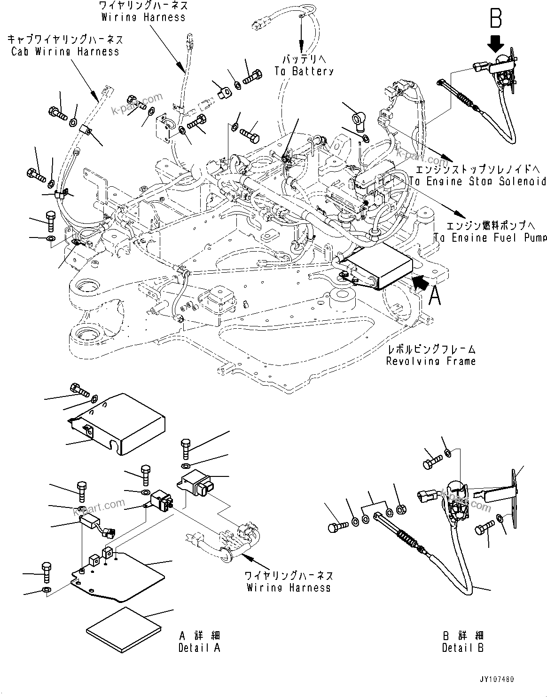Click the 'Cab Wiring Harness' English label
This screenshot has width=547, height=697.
click(x=65, y=51)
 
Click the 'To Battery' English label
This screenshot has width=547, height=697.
click(x=304, y=71)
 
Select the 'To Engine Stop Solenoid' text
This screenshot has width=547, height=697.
click(x=477, y=181)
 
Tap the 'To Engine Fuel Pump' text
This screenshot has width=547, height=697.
click(x=490, y=238)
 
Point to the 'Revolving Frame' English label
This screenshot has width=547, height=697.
click(x=430, y=361)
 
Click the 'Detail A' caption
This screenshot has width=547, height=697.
click(x=199, y=648)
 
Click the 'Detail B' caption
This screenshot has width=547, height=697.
click(x=462, y=648)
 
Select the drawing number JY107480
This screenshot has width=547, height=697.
click(x=497, y=680)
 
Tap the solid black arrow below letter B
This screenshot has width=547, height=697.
click(x=495, y=46)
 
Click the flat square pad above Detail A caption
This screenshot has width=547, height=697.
click(x=123, y=628)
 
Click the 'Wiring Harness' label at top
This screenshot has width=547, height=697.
click(x=143, y=17)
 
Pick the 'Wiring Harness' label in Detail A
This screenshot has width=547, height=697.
click(x=289, y=587)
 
